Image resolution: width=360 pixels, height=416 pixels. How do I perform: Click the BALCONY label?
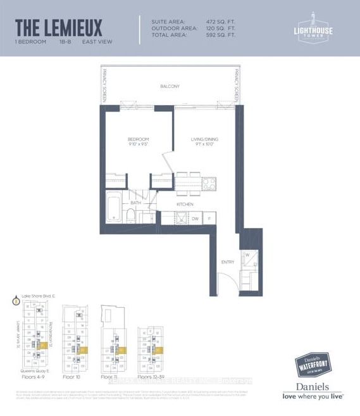[169, 86]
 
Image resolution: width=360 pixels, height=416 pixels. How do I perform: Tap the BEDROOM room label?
[137, 139]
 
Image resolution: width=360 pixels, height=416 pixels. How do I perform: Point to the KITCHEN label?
[184, 205]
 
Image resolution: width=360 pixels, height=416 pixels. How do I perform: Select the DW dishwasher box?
[196, 218]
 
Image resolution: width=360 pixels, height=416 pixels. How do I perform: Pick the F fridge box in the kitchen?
[209, 218]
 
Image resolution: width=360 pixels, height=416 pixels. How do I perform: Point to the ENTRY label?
[227, 262]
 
